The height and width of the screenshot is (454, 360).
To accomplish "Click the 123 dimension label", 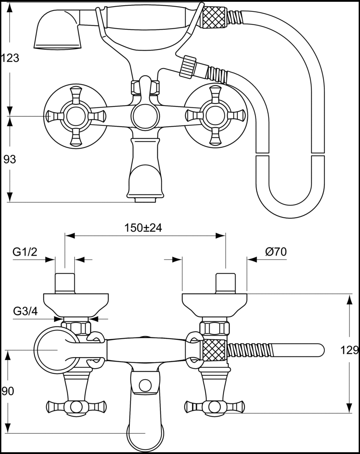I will (10, 58).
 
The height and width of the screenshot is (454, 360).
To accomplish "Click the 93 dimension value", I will (10, 160).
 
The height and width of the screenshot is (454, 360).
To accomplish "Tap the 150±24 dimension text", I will (143, 228).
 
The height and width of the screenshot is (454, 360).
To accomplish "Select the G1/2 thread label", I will (24, 252).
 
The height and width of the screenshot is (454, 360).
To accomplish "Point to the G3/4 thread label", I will (24, 311).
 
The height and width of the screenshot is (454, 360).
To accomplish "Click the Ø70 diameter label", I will (276, 252).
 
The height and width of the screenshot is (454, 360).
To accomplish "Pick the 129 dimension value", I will (349, 350).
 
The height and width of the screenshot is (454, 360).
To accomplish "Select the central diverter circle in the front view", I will (145, 117).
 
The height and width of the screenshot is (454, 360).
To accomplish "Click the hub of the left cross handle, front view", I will (75, 116).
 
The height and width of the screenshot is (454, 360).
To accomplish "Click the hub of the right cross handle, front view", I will (215, 116).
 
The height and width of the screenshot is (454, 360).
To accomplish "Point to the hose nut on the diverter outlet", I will (189, 66).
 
